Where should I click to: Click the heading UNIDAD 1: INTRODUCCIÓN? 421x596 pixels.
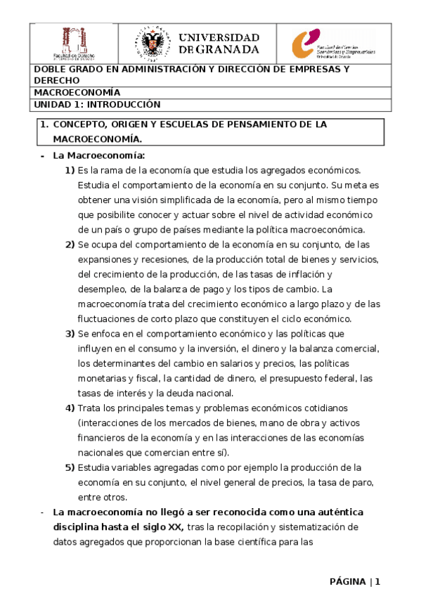point(97,105)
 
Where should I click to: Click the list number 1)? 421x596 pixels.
point(70,170)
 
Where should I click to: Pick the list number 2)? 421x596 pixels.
point(70,245)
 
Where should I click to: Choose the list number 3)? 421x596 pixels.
point(70,334)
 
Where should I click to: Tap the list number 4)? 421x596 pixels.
point(70,408)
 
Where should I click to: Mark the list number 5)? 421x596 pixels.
point(70,467)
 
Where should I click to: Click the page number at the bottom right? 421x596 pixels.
point(377,581)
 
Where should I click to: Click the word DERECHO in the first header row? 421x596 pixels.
point(57,81)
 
